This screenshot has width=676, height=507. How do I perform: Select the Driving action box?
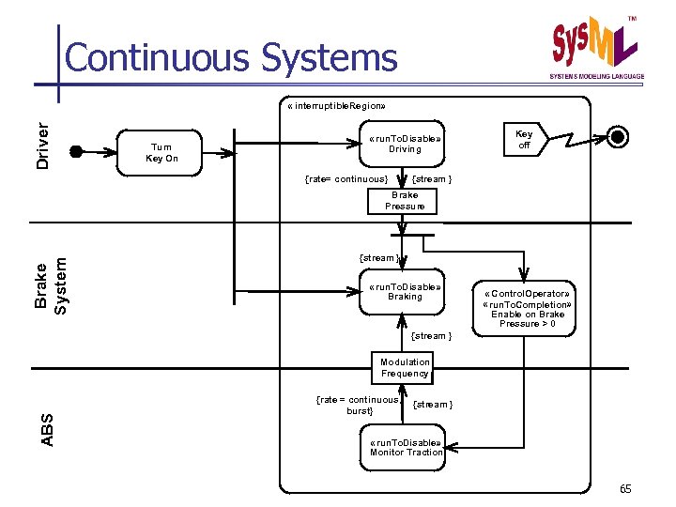pyautogui.click(x=405, y=144)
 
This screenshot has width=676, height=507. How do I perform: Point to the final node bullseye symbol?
pyautogui.click(x=618, y=137)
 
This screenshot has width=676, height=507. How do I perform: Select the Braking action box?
pyautogui.click(x=405, y=291)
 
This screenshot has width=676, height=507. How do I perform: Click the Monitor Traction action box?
pyautogui.click(x=406, y=447)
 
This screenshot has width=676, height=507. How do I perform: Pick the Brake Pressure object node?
pyautogui.click(x=405, y=201)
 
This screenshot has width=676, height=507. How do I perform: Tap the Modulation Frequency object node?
pyautogui.click(x=405, y=367)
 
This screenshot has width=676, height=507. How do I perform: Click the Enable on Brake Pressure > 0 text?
pyautogui.click(x=527, y=318)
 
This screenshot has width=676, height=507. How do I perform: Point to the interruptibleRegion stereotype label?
pyautogui.click(x=333, y=105)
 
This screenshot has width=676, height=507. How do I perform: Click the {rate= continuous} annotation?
pyautogui.click(x=347, y=178)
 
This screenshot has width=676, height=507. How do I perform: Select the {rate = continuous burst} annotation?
pyautogui.click(x=358, y=405)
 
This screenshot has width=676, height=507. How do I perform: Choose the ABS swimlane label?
pyautogui.click(x=47, y=428)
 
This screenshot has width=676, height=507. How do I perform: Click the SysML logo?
pyautogui.click(x=595, y=46)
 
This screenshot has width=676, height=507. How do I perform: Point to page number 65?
pyautogui.click(x=627, y=489)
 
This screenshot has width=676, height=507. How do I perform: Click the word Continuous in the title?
pyautogui.click(x=160, y=57)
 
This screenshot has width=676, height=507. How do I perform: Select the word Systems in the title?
pyautogui.click(x=330, y=57)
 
